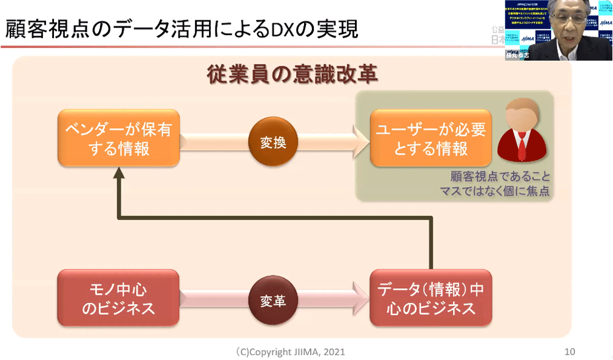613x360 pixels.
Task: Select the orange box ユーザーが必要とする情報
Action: tap(431, 139)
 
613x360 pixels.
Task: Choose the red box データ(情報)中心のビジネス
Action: tap(431, 299)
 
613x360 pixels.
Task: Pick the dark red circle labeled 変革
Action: tap(270, 302)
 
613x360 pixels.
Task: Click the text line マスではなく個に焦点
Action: tap(494, 191)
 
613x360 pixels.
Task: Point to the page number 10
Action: tap(569, 351)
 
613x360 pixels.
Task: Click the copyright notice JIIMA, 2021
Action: tap(291, 351)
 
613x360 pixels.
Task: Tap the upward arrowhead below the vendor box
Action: tap(118, 174)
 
